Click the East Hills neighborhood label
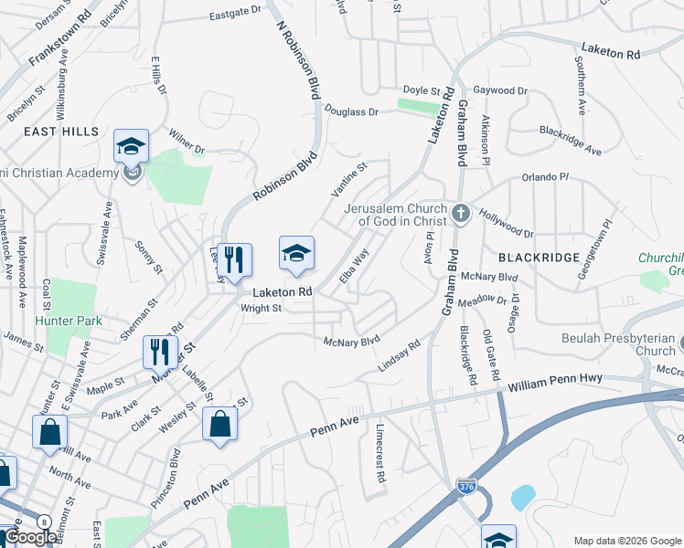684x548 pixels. (x=60, y=132)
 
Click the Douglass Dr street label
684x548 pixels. (x=348, y=111)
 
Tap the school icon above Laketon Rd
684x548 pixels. (x=296, y=252)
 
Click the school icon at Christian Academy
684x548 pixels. (x=131, y=145)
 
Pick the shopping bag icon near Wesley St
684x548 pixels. (x=219, y=423)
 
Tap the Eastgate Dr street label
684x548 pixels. (x=235, y=15)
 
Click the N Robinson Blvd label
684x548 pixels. (x=298, y=57)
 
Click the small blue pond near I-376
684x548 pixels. (x=523, y=497)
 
